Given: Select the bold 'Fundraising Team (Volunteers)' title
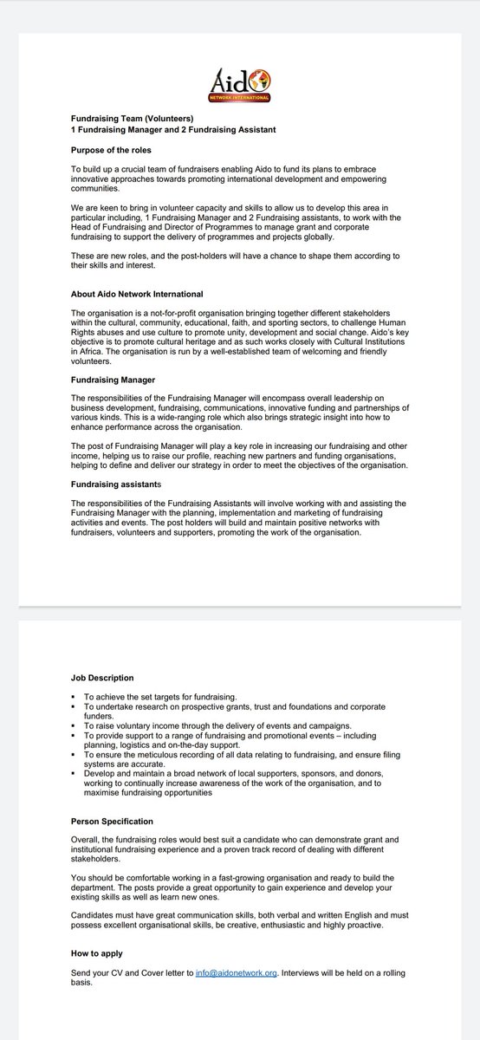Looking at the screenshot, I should pyautogui.click(x=133, y=118).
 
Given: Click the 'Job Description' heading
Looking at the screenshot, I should pyautogui.click(x=102, y=678).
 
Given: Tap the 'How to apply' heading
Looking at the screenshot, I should pyautogui.click(x=96, y=953).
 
